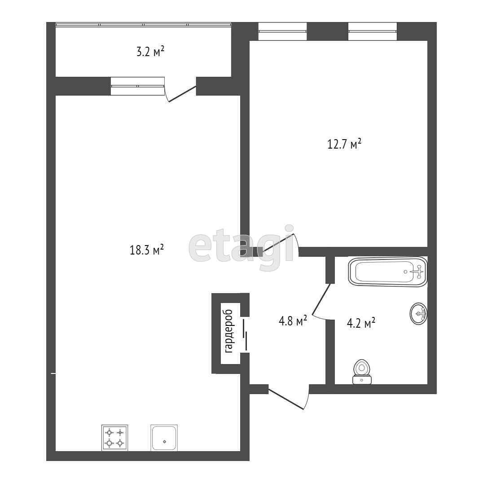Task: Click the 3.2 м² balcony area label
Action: (x=150, y=52)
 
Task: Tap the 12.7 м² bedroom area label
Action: (x=344, y=145)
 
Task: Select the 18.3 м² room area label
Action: (x=146, y=250)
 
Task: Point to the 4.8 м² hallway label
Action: (x=293, y=321)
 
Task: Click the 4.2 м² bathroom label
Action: (x=361, y=323)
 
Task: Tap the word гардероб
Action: (x=228, y=331)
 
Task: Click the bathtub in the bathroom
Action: (x=388, y=272)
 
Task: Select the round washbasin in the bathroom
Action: (x=418, y=313)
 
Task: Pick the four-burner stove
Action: (x=114, y=438)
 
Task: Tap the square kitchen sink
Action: (x=164, y=438)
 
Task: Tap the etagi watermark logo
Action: (x=241, y=249)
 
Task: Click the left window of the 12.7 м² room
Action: (x=283, y=31)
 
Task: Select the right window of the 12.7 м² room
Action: (x=373, y=31)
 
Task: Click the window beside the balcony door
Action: (x=137, y=86)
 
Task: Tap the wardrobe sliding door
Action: (x=245, y=334)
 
